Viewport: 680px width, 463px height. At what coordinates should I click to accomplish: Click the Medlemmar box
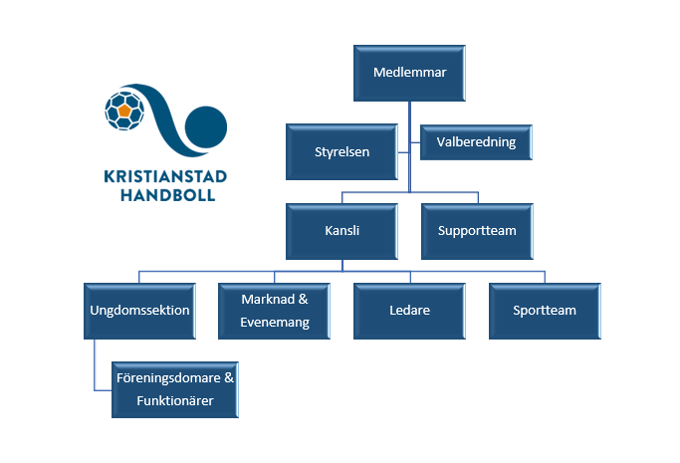pos(409,73)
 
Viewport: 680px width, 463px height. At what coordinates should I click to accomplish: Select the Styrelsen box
pos(341,151)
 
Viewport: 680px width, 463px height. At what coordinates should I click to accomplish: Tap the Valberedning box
pos(476,142)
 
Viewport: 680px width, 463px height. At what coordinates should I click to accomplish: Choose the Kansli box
pos(341,231)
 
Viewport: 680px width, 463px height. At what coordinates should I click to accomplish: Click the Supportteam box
pos(477,231)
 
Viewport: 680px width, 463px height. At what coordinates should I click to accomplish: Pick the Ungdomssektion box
pos(139,311)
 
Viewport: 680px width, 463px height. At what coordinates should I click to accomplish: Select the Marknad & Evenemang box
pos(274,311)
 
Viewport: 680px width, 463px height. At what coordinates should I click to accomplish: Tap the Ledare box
pos(409,311)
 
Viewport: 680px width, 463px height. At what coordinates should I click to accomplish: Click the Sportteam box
pos(545,311)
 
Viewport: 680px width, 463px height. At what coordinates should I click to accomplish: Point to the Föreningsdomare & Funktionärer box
pos(175,389)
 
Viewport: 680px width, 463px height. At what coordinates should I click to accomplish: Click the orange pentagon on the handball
pos(124,111)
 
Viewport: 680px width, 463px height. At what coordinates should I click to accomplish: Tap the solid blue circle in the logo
pos(206,127)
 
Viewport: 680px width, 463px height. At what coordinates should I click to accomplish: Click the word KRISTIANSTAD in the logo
pos(165,176)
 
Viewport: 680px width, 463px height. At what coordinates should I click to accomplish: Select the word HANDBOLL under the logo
pos(168,195)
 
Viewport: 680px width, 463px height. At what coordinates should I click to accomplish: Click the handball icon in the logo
pos(124,111)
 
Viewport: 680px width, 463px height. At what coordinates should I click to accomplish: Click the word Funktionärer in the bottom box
pos(175,400)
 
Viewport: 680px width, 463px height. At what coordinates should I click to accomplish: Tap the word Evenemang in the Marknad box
pos(275,323)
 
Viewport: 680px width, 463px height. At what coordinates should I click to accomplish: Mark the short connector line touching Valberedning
pos(415,142)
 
